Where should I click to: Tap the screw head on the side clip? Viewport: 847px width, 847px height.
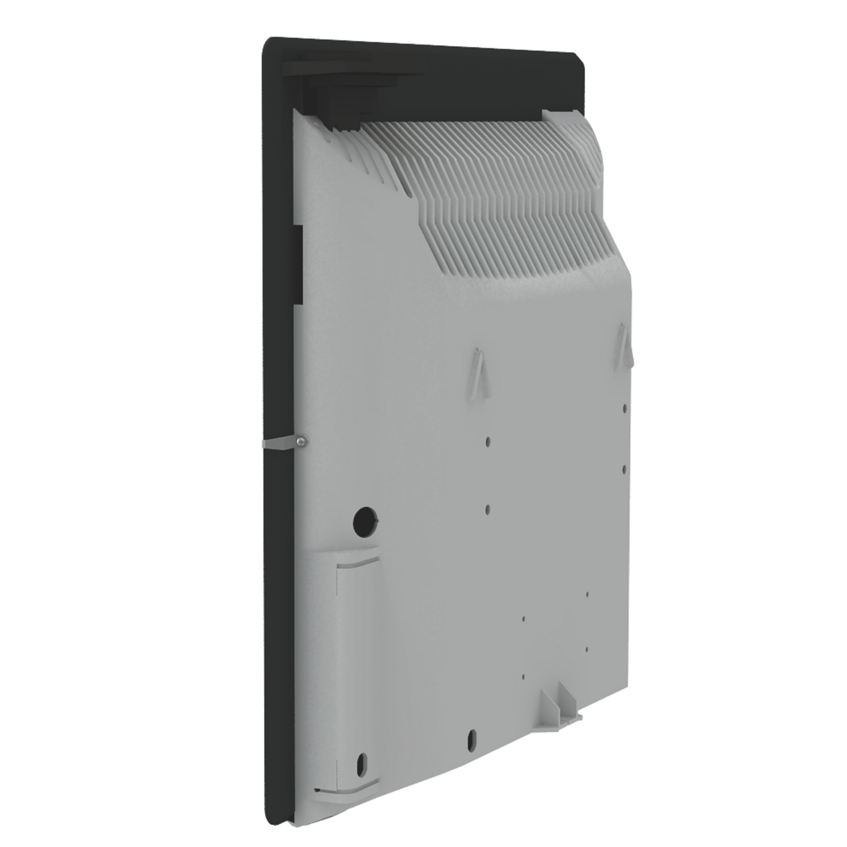300,442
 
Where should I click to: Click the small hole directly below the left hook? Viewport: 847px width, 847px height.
488,441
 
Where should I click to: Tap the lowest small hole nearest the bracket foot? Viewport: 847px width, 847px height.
523,676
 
